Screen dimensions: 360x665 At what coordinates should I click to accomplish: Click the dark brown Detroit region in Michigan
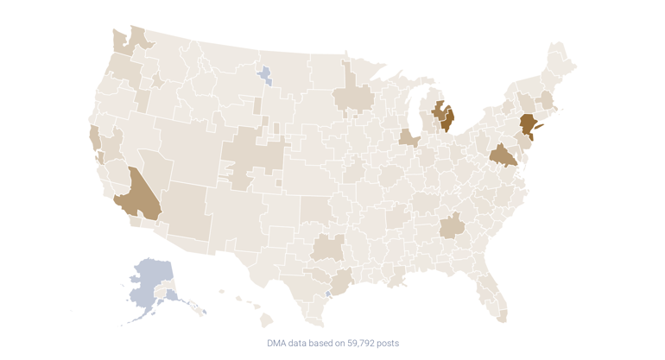click(447, 118)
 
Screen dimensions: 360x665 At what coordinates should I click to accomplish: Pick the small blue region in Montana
click(265, 75)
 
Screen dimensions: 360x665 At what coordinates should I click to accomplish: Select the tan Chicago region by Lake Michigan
click(408, 138)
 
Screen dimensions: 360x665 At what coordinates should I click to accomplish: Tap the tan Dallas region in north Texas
click(328, 248)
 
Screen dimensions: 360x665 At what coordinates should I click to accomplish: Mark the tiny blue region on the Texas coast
click(329, 294)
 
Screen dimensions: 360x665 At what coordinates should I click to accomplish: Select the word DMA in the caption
click(278, 343)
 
